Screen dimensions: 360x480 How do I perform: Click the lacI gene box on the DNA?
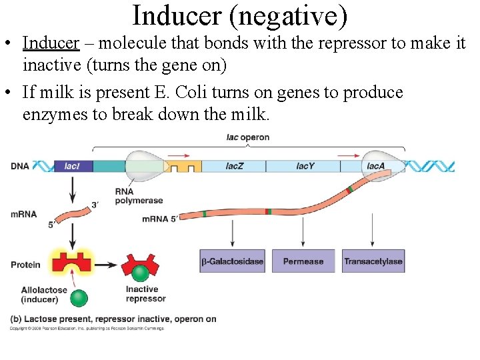coord(73,166)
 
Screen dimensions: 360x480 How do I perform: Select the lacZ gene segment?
coord(234,166)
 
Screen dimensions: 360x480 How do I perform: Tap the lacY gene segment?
coord(305,166)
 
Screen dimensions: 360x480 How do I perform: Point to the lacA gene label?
coord(375,166)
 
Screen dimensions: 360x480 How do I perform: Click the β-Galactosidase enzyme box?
coord(233,261)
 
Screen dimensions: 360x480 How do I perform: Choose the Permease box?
coord(303,261)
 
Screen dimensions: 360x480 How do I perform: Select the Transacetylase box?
coord(373,261)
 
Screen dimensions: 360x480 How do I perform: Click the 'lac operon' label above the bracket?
coord(248,137)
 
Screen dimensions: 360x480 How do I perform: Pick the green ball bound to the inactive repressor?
coord(140,273)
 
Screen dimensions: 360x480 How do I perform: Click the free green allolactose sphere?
coord(79,297)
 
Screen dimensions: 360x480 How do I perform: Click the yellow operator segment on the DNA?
coord(183,166)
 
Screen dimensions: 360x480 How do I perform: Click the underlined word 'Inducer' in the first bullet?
coord(51,43)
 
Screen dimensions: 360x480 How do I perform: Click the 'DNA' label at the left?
coord(20,166)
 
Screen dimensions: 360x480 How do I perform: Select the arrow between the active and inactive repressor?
coord(107,263)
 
